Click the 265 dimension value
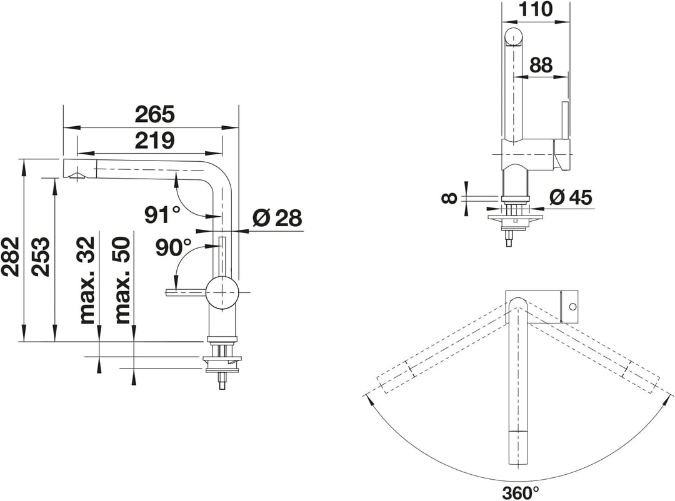coord(155,114)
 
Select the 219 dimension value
coord(155,141)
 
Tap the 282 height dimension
coord(10,256)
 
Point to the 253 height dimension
coord(41,256)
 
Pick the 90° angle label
coord(174,247)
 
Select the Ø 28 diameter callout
coord(277,218)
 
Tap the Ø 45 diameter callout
coord(571,197)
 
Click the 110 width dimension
coord(535,9)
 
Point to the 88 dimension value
coord(541,66)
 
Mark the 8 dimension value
coord(449,198)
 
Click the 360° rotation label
coord(520,492)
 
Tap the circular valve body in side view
coord(222,293)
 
